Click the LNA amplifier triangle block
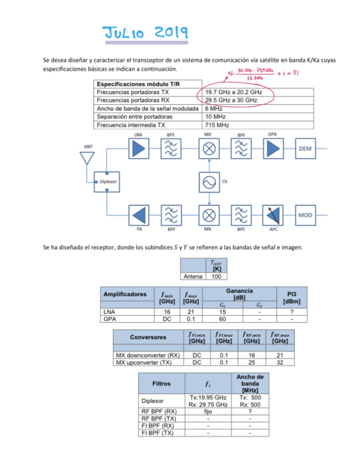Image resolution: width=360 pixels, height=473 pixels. point(139,149)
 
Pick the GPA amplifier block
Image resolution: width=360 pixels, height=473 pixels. point(273,149)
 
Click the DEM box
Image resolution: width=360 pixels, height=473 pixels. point(305,149)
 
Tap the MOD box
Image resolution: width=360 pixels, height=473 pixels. point(305,214)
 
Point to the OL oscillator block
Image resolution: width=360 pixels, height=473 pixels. point(208,182)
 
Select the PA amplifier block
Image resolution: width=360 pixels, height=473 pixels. point(139,214)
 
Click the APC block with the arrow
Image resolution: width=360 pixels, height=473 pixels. point(273,214)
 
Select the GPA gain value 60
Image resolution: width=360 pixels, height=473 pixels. point(221,320)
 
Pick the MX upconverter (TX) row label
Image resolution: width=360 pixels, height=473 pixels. point(147,363)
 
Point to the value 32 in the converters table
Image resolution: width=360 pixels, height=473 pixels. point(279,363)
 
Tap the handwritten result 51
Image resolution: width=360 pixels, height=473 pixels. point(295,73)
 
